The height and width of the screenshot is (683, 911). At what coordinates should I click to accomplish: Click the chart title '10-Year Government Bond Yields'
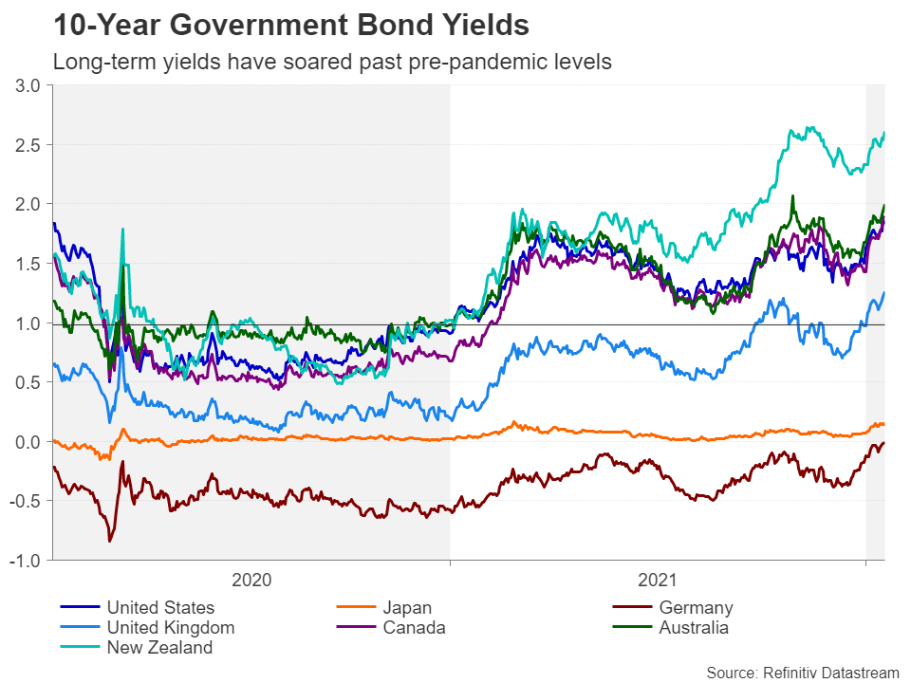(x=290, y=26)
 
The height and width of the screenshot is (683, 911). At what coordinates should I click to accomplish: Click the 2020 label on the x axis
(x=251, y=581)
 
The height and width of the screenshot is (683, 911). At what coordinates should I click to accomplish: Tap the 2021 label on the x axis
(x=657, y=581)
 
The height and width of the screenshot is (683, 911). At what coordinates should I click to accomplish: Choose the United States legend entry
(x=160, y=608)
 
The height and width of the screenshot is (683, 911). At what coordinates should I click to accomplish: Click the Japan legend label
(x=407, y=608)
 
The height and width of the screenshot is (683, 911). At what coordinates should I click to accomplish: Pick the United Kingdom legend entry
(x=170, y=628)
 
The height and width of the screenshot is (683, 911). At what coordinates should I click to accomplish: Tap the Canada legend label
(x=414, y=628)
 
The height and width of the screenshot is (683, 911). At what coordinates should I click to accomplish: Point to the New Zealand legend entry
(x=159, y=648)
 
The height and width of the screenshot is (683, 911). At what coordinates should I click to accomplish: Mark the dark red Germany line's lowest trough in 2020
(x=110, y=541)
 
